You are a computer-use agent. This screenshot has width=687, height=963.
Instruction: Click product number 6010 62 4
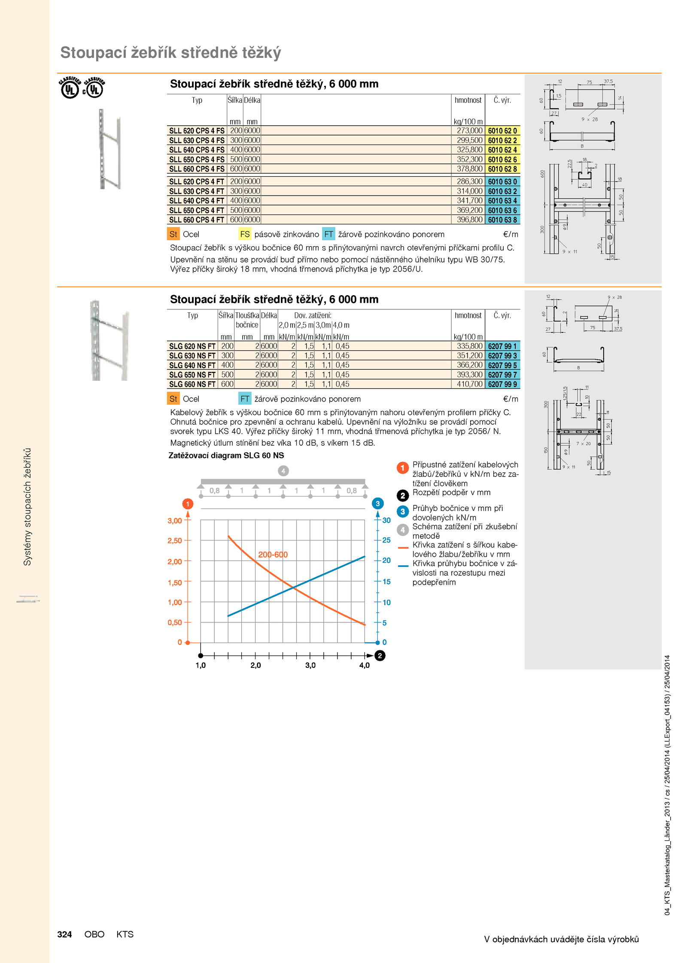point(502,150)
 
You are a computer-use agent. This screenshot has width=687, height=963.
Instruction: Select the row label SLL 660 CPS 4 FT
point(197,220)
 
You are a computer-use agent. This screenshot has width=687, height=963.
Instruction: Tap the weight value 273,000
point(470,130)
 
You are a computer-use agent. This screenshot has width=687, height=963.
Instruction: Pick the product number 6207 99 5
point(502,365)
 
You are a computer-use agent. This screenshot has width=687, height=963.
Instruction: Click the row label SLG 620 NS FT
point(192,346)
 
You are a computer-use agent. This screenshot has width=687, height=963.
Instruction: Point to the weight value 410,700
point(470,384)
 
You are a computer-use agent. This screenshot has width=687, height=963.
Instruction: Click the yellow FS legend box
point(245,234)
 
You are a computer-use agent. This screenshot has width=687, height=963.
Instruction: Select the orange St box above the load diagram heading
point(173,398)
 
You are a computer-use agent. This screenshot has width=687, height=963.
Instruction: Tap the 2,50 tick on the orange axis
point(175,540)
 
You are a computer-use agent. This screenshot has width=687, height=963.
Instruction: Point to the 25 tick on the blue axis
point(386,540)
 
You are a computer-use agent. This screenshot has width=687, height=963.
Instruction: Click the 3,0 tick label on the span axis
point(310,665)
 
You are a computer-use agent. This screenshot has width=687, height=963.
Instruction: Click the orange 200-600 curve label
point(273,555)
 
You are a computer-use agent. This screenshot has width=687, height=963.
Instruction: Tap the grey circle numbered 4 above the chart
point(283,471)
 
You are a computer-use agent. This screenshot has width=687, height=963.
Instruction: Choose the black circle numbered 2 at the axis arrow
point(380,655)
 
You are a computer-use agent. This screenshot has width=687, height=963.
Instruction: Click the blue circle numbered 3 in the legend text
point(402,511)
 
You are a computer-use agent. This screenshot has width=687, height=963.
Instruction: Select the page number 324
point(64,934)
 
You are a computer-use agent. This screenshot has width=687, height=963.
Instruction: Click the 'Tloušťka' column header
point(247,315)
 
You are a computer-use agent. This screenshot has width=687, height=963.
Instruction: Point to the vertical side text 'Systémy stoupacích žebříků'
point(27,507)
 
